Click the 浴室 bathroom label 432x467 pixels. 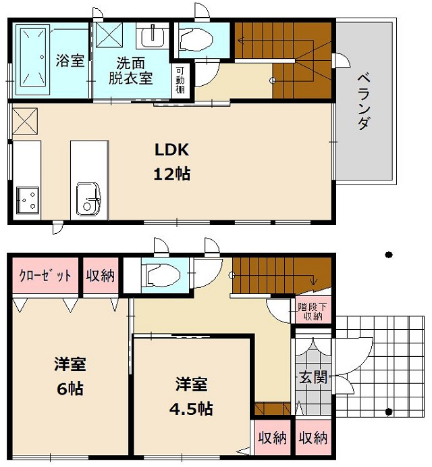point(70,61)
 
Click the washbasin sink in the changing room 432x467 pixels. point(153,34)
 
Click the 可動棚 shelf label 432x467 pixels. point(181,80)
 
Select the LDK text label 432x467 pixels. point(172,150)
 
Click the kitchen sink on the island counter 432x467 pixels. point(88,198)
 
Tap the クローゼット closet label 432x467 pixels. point(45,276)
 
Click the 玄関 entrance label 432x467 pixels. point(311,376)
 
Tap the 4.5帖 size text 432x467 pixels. point(192,408)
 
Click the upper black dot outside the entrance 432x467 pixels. point(388,255)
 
